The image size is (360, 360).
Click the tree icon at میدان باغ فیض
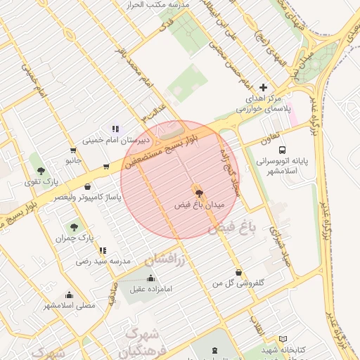click(x=198, y=191)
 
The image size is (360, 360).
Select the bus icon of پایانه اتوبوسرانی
click(x=282, y=150)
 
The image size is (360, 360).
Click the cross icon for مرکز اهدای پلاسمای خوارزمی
click(x=264, y=88)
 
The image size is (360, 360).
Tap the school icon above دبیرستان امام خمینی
click(x=115, y=129)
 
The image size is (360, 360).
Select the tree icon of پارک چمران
click(x=74, y=226)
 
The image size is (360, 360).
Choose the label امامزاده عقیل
click(x=150, y=288)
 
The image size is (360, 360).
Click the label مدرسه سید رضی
click(x=103, y=261)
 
